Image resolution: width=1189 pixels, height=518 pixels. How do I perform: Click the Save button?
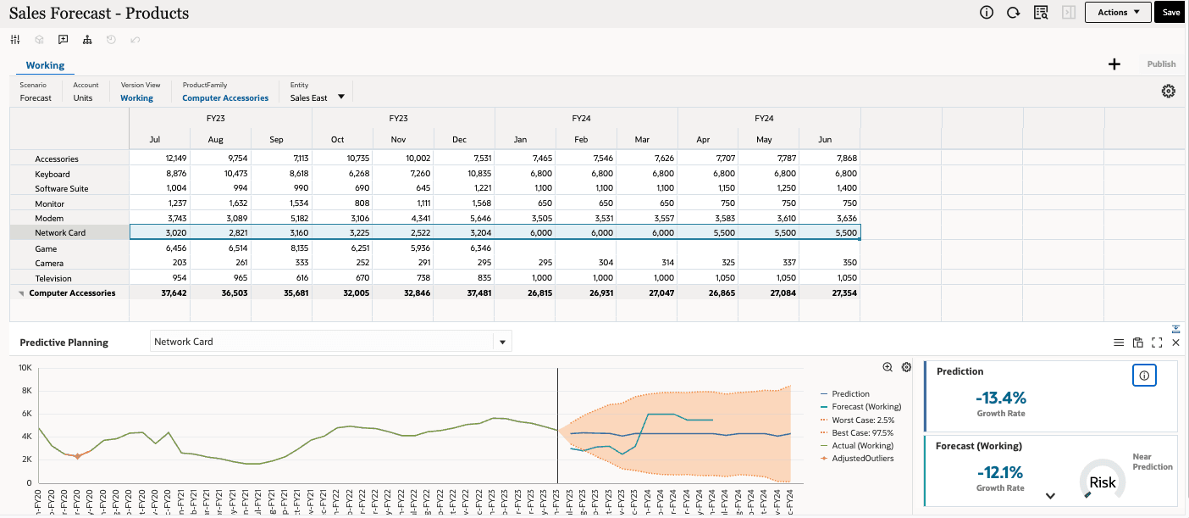tap(1170, 13)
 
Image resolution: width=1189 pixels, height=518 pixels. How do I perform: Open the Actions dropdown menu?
tap(1118, 13)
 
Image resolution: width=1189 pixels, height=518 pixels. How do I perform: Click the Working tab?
tap(45, 65)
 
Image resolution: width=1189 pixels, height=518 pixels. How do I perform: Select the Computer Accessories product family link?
tap(225, 98)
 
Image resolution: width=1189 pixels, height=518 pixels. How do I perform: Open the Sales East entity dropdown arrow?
tap(341, 97)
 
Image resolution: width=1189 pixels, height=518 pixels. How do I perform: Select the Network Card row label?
tap(60, 232)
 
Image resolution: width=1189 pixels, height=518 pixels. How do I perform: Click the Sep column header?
tap(277, 139)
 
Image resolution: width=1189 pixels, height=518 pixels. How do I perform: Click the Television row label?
tap(53, 278)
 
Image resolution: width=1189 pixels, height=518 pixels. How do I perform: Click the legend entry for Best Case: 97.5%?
tap(863, 433)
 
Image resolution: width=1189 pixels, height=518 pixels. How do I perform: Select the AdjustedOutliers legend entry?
tap(863, 459)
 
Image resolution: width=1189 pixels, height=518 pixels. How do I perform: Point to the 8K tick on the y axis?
tap(25, 391)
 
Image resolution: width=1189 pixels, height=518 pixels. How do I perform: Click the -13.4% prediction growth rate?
tap(1000, 398)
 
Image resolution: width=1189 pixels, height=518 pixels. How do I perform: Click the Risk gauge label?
tap(1102, 482)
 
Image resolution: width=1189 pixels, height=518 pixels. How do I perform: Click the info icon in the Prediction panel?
tap(1144, 376)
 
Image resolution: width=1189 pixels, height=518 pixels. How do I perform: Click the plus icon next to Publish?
tap(1114, 64)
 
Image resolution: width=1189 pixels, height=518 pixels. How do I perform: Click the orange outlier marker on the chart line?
tap(77, 456)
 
